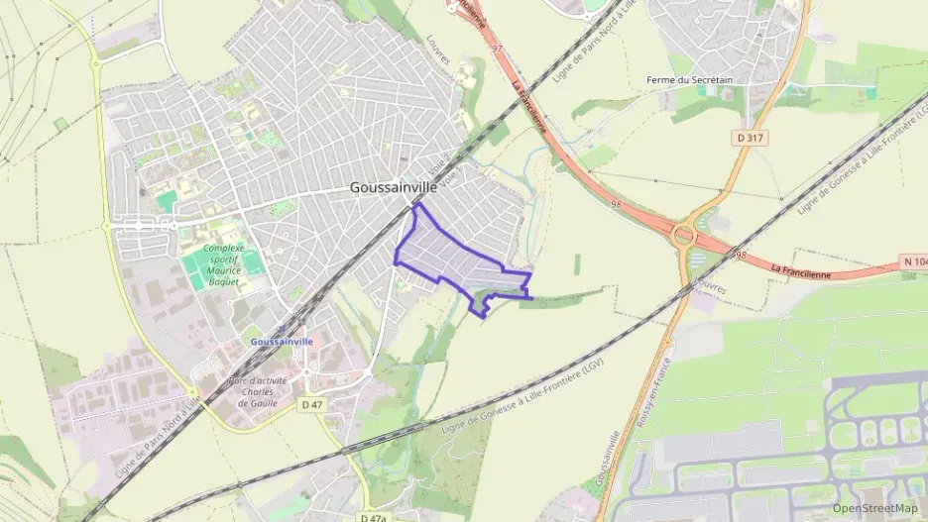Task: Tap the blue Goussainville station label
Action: pyautogui.click(x=283, y=341)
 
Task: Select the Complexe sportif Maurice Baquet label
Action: pyautogui.click(x=222, y=265)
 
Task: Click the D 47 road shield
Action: pyautogui.click(x=312, y=404)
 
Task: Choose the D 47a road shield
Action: pyautogui.click(x=373, y=517)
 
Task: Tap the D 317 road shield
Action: pyautogui.click(x=750, y=138)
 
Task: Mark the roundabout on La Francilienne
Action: pyautogui.click(x=683, y=236)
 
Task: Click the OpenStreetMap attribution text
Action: pyautogui.click(x=875, y=508)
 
